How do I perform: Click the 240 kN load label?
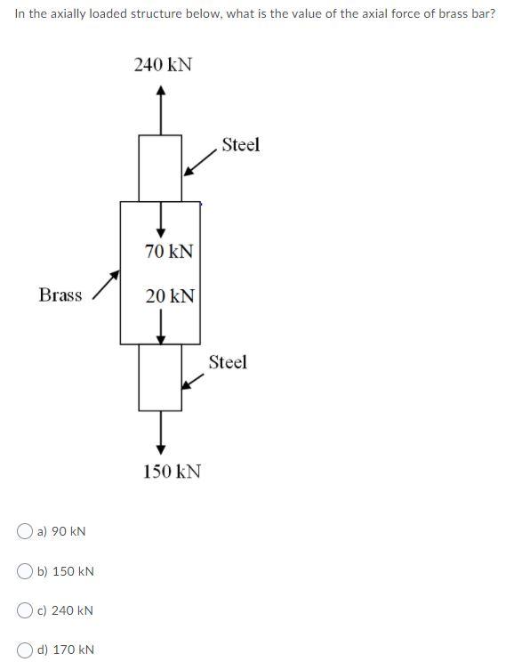[163, 65]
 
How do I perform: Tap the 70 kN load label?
[169, 252]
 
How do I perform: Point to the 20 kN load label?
[170, 296]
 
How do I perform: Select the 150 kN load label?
[172, 471]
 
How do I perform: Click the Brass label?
[60, 295]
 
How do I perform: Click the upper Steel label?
[240, 145]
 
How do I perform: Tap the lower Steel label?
[228, 362]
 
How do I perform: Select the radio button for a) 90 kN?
[25, 531]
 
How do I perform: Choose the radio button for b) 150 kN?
[25, 570]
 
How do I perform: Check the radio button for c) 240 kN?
[25, 610]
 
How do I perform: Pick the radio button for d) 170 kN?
[25, 650]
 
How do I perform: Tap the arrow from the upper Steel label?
[200, 164]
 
